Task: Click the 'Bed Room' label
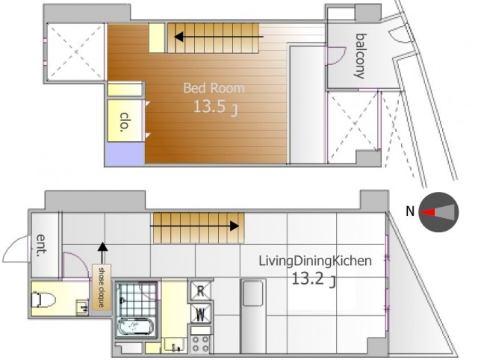(x=214, y=88)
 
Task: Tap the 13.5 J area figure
(x=215, y=108)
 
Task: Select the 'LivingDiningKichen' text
(x=315, y=262)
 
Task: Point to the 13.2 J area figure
(x=314, y=279)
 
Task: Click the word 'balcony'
(x=361, y=56)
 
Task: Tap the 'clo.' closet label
(x=125, y=122)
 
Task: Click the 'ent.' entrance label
(x=42, y=246)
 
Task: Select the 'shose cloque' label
(x=102, y=288)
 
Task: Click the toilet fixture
(x=43, y=300)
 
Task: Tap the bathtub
(x=134, y=326)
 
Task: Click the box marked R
(x=200, y=291)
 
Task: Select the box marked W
(x=200, y=314)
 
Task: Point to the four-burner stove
(x=200, y=344)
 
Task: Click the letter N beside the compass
(x=410, y=211)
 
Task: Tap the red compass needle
(x=427, y=212)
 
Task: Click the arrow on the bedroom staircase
(x=219, y=37)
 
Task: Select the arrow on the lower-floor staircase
(x=194, y=226)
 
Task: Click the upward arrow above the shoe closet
(x=103, y=252)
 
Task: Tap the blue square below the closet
(x=125, y=153)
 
